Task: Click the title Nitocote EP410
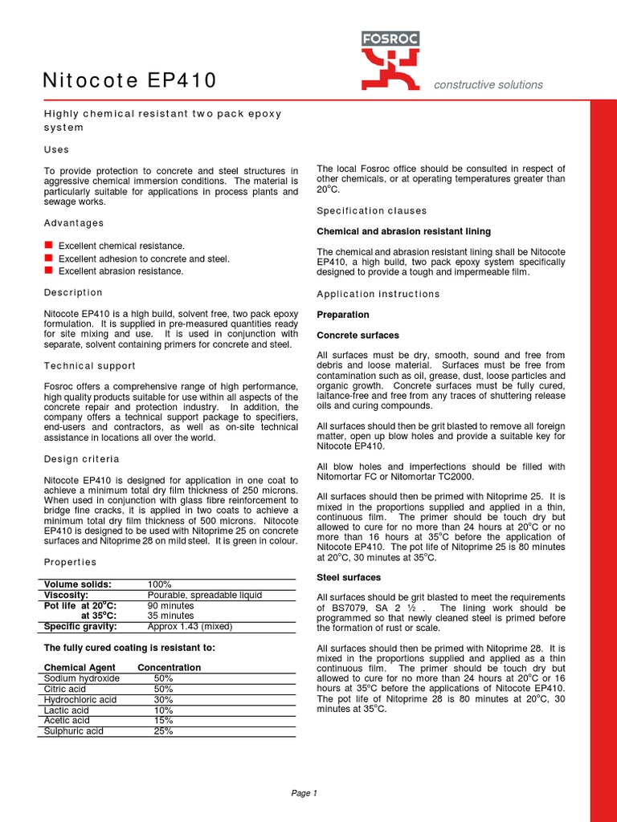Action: [129, 81]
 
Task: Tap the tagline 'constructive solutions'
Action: [488, 85]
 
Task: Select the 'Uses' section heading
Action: [56, 149]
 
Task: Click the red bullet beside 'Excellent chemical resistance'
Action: [48, 245]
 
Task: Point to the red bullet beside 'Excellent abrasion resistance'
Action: [48, 271]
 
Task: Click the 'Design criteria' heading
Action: [81, 459]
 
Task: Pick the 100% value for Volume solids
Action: [161, 584]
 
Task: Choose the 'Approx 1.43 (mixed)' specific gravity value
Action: [190, 626]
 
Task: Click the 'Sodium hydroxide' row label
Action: [82, 678]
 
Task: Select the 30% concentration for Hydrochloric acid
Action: [163, 699]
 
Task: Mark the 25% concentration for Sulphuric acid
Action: [163, 731]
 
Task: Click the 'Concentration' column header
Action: [170, 667]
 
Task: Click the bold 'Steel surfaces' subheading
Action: [349, 577]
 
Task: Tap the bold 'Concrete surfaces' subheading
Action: [357, 335]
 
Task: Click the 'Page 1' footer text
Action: [304, 793]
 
